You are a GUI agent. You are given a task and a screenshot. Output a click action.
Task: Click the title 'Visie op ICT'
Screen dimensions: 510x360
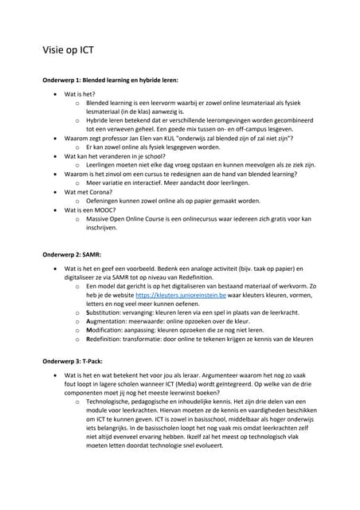tap(68, 50)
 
